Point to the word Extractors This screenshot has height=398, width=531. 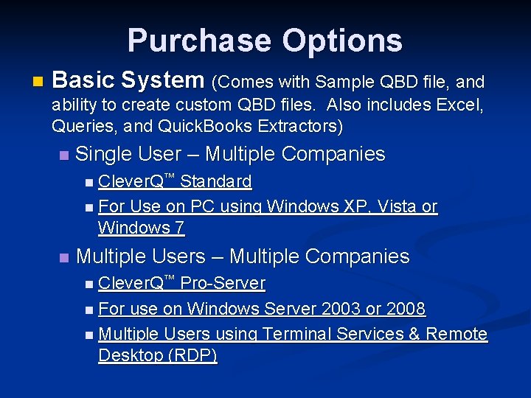[x=299, y=126]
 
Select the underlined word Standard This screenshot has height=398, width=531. [x=216, y=181]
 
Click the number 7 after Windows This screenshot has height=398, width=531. [x=179, y=228]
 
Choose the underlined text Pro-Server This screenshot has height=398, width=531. [x=223, y=283]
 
